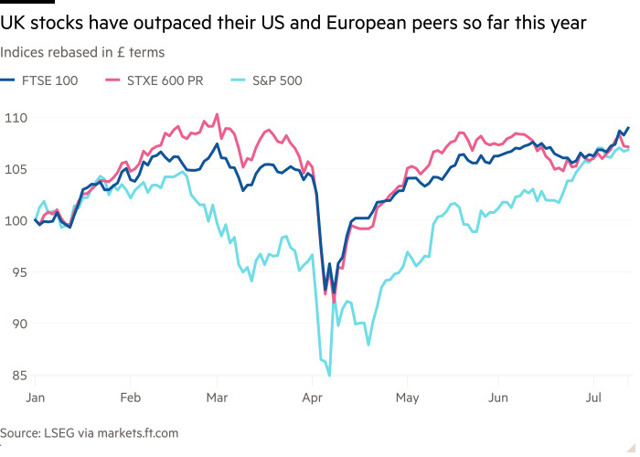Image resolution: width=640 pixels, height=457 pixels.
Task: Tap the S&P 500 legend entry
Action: pos(272,80)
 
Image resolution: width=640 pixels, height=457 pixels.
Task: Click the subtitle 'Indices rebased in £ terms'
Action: pos(82,53)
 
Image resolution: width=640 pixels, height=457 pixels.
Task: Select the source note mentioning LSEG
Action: pos(90,432)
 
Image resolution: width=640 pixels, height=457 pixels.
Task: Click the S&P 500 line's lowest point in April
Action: pos(329,374)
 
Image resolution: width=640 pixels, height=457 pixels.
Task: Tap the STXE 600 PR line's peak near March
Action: pos(217,114)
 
